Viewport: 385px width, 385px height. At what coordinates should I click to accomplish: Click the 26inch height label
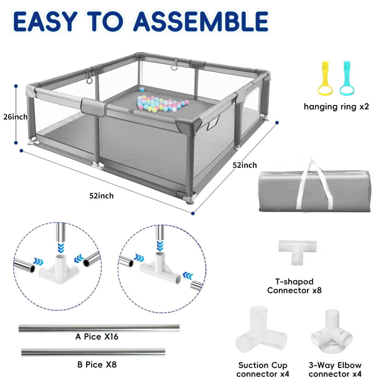click(x=15, y=117)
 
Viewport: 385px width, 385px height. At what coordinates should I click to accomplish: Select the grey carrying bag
click(x=314, y=191)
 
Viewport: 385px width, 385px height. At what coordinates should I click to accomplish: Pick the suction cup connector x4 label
click(x=263, y=369)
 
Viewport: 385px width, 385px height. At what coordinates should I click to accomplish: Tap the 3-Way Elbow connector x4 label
click(x=335, y=369)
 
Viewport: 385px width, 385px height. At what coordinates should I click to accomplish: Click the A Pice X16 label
click(x=97, y=337)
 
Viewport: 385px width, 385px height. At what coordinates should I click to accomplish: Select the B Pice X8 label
click(x=97, y=364)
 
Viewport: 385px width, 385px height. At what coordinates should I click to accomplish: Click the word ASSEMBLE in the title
click(x=201, y=22)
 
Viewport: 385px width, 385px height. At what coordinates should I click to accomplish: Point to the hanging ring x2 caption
click(x=336, y=107)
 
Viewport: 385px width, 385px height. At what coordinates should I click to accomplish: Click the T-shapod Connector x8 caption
click(x=294, y=286)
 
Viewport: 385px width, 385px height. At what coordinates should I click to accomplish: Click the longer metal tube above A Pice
click(x=99, y=328)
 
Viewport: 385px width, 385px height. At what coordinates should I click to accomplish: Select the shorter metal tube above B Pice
click(x=93, y=352)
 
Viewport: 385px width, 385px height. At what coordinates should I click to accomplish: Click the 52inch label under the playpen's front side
click(x=101, y=196)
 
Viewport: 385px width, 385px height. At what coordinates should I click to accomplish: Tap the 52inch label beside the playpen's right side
click(x=245, y=165)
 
